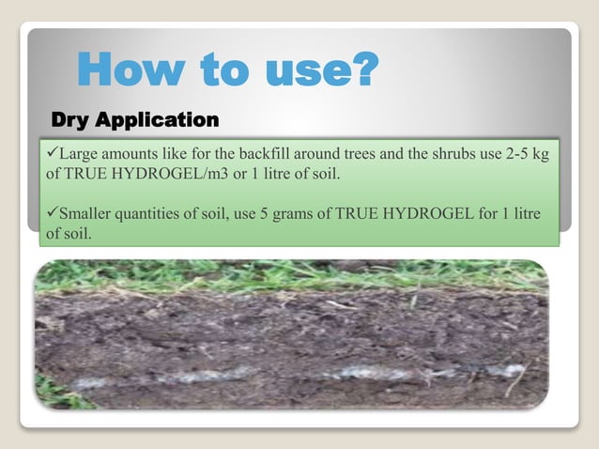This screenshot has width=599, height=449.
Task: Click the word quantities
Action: [x=157, y=214]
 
